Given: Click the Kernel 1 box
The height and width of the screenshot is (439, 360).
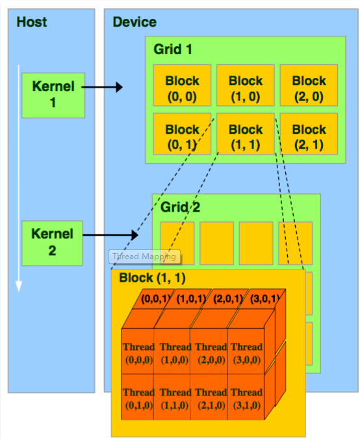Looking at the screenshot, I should (x=53, y=95).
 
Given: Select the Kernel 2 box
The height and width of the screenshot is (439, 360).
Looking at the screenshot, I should (x=53, y=242).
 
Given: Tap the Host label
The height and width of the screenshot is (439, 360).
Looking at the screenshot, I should (x=32, y=23).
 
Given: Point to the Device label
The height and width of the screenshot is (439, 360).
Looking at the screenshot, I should (x=135, y=23).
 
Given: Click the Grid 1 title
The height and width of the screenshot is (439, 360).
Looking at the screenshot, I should (x=173, y=49).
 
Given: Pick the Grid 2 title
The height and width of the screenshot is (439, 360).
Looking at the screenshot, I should (x=180, y=208).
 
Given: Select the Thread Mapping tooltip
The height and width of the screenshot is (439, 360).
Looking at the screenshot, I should (x=144, y=257).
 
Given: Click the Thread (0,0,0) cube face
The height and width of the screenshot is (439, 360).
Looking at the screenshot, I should (x=138, y=353).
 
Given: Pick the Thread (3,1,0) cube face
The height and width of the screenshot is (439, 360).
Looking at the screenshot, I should (x=246, y=398).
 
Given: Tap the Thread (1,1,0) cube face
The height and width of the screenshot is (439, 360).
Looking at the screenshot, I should (x=175, y=398).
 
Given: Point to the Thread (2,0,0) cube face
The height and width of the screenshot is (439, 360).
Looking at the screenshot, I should (x=211, y=353).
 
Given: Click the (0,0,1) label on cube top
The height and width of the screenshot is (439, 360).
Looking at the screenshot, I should (x=156, y=299).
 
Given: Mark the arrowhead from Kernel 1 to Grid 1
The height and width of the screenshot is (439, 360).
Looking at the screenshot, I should (x=119, y=87).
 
